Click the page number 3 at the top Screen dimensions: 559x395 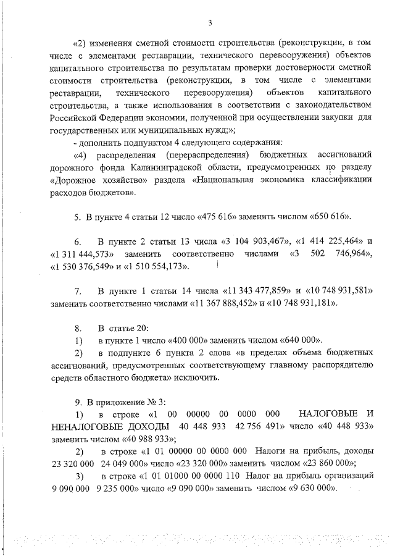(210, 23)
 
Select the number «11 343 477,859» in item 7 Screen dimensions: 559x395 (247, 290)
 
